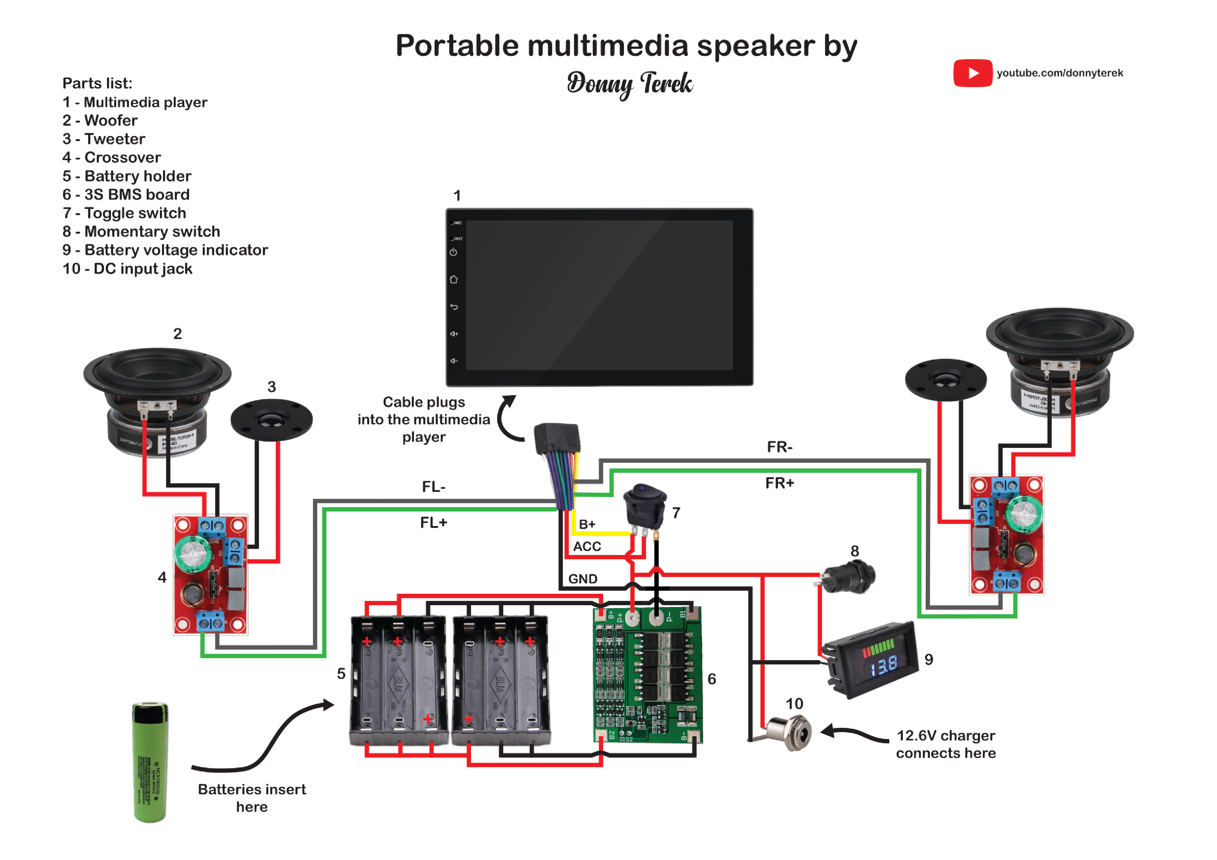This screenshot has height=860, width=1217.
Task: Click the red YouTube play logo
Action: click(972, 73)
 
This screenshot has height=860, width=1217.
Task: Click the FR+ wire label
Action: click(779, 483)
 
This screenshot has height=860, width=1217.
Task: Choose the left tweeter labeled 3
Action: click(271, 420)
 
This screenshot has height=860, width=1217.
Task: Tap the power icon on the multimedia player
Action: click(453, 252)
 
